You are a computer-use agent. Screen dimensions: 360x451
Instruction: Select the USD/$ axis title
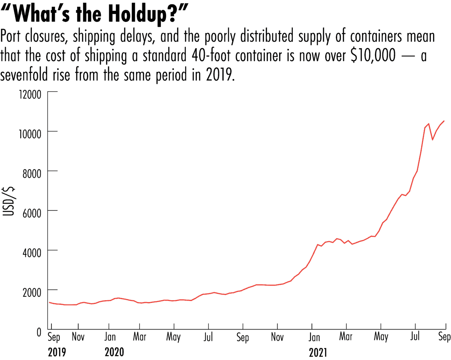(10, 204)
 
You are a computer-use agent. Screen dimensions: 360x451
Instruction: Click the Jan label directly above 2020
(109, 336)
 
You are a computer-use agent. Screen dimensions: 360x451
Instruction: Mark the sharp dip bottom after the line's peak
(432, 139)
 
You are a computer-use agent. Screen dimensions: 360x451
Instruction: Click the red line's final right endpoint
(444, 121)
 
